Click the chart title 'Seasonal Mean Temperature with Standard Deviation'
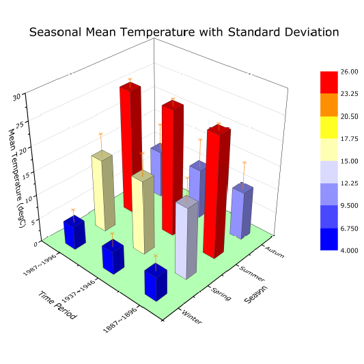click(184, 32)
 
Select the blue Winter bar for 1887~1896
click(155, 283)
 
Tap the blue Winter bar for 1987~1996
click(74, 233)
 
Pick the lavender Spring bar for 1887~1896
click(186, 237)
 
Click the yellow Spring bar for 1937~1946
click(142, 212)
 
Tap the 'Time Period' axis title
click(56, 304)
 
